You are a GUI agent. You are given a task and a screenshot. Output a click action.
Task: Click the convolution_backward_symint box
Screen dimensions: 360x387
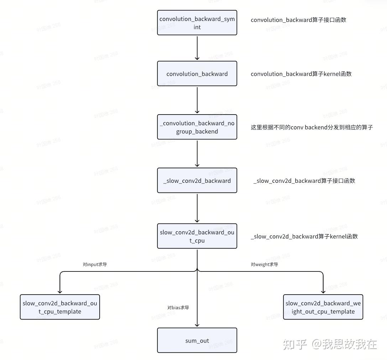pyautogui.click(x=197, y=23)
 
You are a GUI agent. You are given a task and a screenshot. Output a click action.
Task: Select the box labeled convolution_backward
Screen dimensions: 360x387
pyautogui.click(x=197, y=74)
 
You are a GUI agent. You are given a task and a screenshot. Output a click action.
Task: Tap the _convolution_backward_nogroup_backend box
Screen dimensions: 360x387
pyautogui.click(x=197, y=127)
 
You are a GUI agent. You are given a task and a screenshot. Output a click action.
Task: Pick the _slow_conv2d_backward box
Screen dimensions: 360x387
pyautogui.click(x=197, y=181)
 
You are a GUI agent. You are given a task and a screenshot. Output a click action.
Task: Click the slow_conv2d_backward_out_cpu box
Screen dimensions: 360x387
pyautogui.click(x=197, y=236)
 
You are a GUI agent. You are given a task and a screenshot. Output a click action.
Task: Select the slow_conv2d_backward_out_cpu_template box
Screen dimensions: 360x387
pyautogui.click(x=60, y=307)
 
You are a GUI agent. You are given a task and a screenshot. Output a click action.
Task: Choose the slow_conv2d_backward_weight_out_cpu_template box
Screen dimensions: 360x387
pyautogui.click(x=323, y=307)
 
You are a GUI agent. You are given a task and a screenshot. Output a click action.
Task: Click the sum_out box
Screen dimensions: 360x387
pyautogui.click(x=197, y=340)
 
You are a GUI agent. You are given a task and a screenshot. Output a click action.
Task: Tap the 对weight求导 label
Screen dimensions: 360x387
pyautogui.click(x=264, y=265)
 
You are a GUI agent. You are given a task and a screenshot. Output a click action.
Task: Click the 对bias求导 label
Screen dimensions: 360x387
pyautogui.click(x=178, y=307)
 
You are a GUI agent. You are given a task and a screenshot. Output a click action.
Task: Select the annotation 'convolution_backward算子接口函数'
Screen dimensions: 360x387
pyautogui.click(x=298, y=20)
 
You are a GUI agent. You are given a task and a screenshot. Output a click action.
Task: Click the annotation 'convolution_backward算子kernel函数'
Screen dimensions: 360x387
pyautogui.click(x=301, y=74)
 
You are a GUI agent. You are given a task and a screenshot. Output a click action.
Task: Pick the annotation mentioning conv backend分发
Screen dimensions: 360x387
pyautogui.click(x=312, y=127)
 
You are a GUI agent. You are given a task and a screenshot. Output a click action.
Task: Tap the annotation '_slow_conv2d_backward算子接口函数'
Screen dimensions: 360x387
pyautogui.click(x=304, y=181)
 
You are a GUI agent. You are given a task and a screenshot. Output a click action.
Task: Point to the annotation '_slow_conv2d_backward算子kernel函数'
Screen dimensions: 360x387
pyautogui.click(x=304, y=236)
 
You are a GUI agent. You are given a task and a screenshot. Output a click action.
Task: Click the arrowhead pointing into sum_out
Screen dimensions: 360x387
pyautogui.click(x=197, y=324)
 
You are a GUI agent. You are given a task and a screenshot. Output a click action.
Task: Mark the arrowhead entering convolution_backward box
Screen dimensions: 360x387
pyautogui.click(x=197, y=58)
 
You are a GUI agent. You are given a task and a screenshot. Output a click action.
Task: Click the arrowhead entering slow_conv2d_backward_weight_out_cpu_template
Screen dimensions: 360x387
pyautogui.click(x=323, y=291)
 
